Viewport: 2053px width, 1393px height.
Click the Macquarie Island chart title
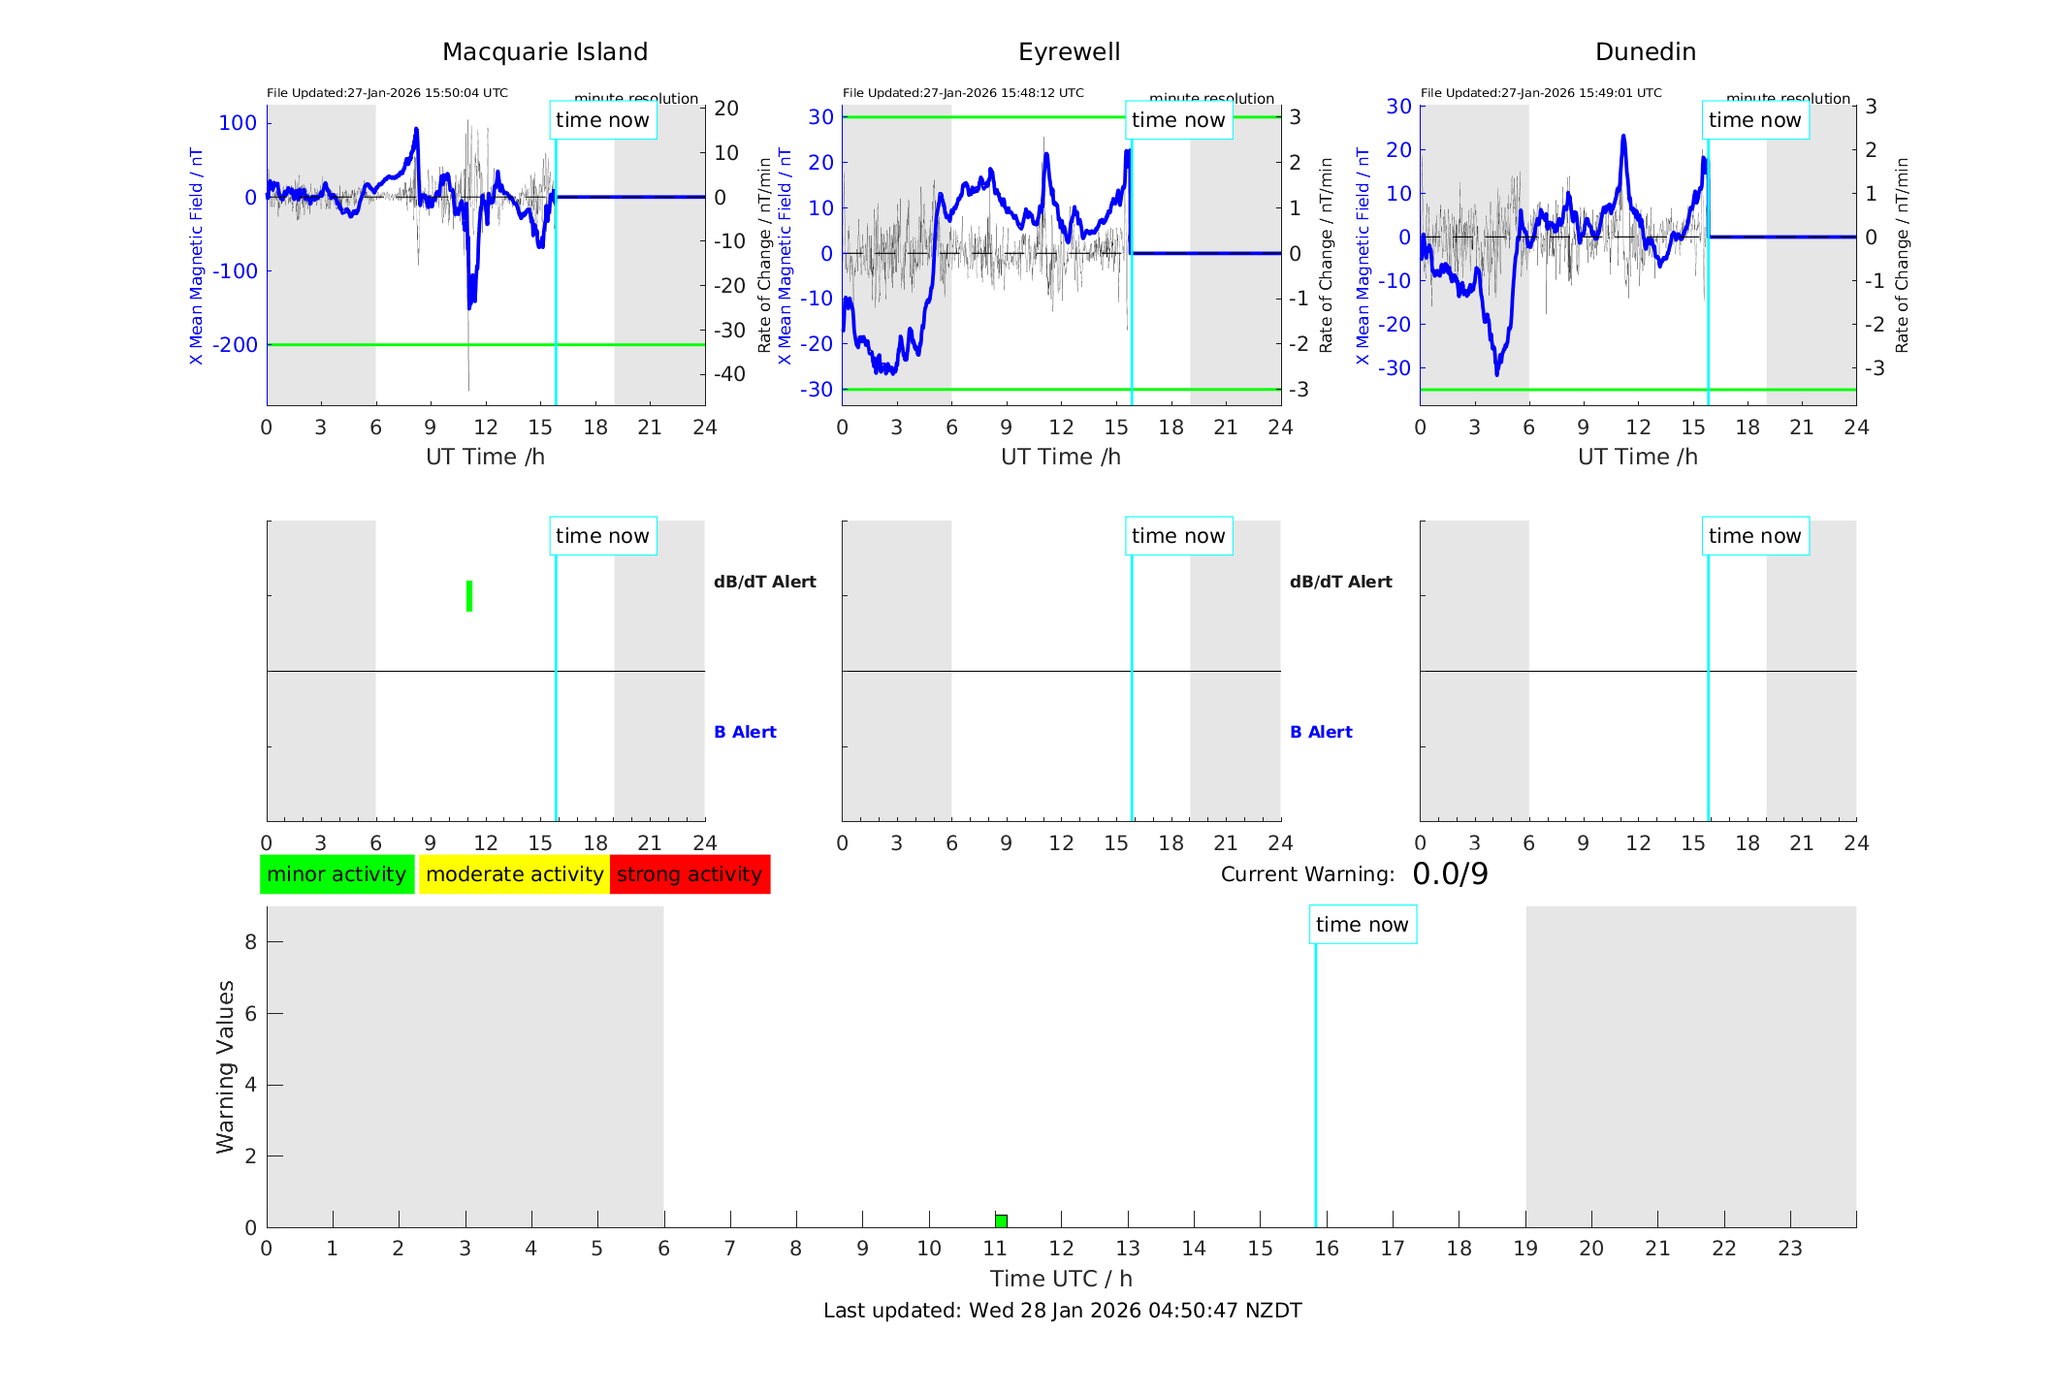pyautogui.click(x=544, y=52)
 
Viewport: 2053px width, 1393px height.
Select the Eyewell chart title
pyautogui.click(x=1069, y=52)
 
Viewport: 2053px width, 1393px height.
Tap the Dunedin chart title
pyautogui.click(x=1645, y=52)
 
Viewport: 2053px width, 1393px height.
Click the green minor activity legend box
pyautogui.click(x=337, y=874)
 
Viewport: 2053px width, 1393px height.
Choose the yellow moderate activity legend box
pyautogui.click(x=514, y=874)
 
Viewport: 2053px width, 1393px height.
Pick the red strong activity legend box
pyautogui.click(x=690, y=874)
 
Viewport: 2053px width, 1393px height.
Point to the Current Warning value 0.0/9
pyautogui.click(x=1450, y=874)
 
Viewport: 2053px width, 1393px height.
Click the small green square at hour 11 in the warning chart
pyautogui.click(x=1001, y=1221)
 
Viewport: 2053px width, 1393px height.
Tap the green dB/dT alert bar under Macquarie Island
pyautogui.click(x=469, y=596)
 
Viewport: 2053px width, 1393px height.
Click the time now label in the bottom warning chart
pyautogui.click(x=1362, y=925)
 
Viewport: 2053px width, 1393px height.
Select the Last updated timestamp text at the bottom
pyautogui.click(x=1062, y=1311)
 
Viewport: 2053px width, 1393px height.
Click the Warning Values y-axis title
pyautogui.click(x=225, y=1066)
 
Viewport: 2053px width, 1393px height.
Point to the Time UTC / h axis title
pyautogui.click(x=1061, y=1279)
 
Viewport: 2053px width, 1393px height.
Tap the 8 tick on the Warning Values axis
pyautogui.click(x=250, y=942)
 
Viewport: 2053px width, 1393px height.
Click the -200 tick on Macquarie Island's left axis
pyautogui.click(x=236, y=345)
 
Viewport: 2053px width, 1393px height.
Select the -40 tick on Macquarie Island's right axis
pyautogui.click(x=729, y=374)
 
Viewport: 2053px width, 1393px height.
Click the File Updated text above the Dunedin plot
pyautogui.click(x=1541, y=93)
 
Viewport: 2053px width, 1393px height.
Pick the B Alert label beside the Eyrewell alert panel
pyautogui.click(x=1321, y=732)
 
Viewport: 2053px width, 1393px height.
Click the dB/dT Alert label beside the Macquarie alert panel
pyautogui.click(x=764, y=582)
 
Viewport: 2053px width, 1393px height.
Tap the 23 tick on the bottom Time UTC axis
pyautogui.click(x=1789, y=1249)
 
